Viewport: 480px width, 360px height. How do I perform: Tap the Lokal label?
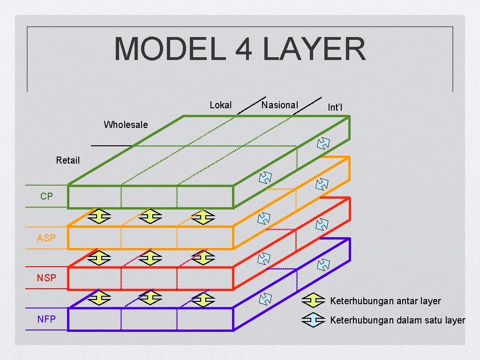click(220, 105)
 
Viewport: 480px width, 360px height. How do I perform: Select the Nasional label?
click(279, 105)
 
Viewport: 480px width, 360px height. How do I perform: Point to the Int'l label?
click(335, 108)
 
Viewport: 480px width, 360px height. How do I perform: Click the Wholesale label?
click(126, 125)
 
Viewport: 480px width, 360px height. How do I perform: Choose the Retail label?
click(68, 160)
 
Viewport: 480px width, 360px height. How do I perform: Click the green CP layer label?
click(46, 197)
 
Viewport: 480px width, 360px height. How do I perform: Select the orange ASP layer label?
click(46, 238)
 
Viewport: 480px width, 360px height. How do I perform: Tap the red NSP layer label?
click(46, 278)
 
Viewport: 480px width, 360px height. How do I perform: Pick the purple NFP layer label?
click(46, 319)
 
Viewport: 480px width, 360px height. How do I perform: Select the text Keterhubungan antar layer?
click(385, 301)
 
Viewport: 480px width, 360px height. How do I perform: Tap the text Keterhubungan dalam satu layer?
click(397, 321)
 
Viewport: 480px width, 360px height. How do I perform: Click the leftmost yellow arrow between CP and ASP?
click(99, 217)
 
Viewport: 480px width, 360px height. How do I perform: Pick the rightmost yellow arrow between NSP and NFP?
click(203, 299)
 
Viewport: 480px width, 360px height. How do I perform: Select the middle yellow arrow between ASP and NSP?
click(151, 257)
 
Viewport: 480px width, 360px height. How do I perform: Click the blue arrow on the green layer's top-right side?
click(323, 143)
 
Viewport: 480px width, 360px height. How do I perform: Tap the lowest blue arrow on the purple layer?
click(265, 298)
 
